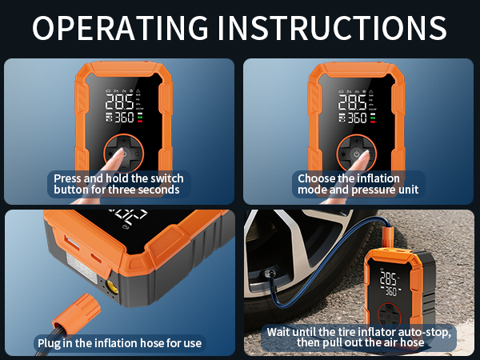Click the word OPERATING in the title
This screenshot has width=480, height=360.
point(120,28)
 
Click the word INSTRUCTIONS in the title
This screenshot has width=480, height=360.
point(332,28)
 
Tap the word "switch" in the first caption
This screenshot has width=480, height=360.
point(167,178)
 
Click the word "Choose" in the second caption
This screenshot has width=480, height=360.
point(318,178)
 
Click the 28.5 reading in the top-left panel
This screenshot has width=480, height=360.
point(119,102)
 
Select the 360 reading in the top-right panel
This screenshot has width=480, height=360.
point(357,118)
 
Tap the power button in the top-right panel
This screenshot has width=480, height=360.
point(356,154)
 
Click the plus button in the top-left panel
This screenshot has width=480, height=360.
point(124,141)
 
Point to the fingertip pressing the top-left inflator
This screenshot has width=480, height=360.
point(118,152)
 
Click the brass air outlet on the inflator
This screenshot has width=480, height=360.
point(112,287)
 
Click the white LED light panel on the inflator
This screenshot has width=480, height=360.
point(82,267)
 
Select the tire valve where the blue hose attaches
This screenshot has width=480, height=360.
point(270,273)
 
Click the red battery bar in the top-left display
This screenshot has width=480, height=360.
point(140,122)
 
